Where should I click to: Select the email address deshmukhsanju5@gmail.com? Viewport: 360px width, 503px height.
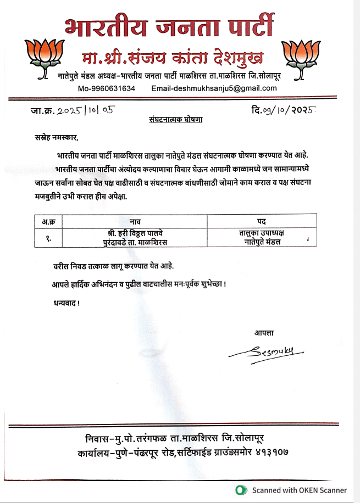tap(214, 88)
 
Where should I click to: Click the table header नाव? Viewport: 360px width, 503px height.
tap(135, 222)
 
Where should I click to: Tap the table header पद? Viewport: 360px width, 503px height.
tap(262, 222)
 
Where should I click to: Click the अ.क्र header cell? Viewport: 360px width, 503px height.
tap(48, 222)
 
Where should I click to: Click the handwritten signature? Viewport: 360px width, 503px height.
tap(269, 353)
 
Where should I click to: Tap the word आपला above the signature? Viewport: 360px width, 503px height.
tap(264, 332)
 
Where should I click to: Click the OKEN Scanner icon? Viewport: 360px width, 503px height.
tap(240, 490)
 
